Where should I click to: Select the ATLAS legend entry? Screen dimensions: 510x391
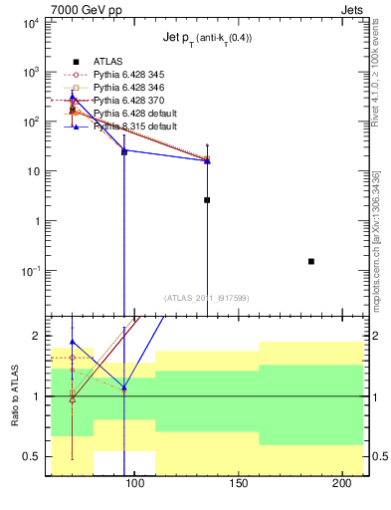[108, 62]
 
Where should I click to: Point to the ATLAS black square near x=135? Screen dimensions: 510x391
[207, 200]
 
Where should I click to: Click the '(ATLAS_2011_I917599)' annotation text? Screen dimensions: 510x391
[207, 297]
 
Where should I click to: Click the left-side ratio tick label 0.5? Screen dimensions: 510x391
[33, 456]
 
